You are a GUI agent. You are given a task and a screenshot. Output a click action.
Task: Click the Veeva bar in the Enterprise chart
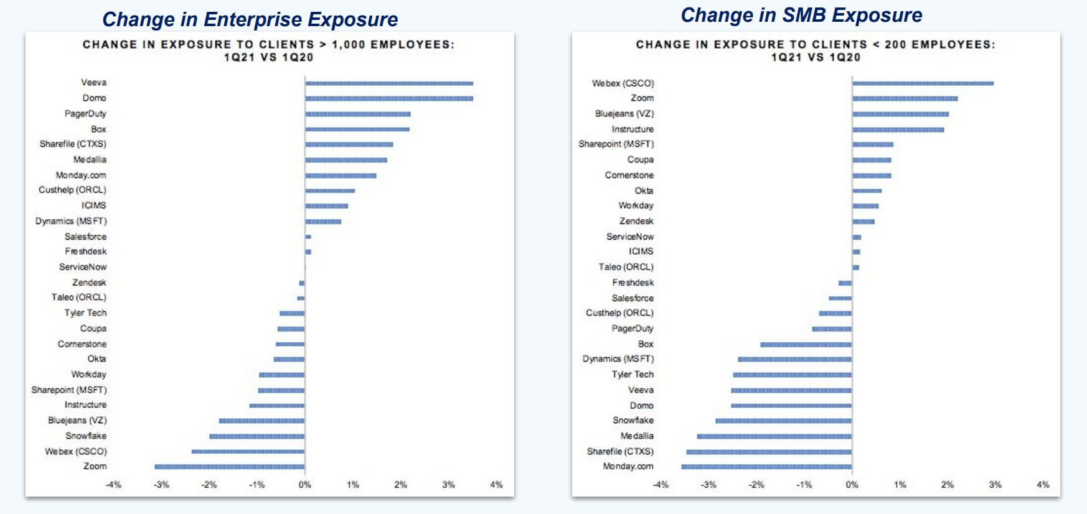pyautogui.click(x=389, y=83)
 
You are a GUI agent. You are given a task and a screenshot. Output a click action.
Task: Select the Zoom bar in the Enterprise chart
pyautogui.click(x=229, y=466)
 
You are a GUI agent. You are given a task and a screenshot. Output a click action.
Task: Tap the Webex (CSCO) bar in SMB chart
pyautogui.click(x=923, y=83)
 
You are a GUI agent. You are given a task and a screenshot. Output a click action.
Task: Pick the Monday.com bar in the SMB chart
pyautogui.click(x=766, y=466)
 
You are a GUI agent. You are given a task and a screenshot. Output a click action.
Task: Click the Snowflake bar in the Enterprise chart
pyautogui.click(x=256, y=436)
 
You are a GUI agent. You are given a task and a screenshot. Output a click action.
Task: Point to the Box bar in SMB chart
pyautogui.click(x=806, y=344)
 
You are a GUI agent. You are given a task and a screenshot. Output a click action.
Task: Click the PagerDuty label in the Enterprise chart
pyautogui.click(x=85, y=113)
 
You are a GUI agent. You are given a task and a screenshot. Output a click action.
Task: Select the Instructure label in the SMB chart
pyautogui.click(x=633, y=129)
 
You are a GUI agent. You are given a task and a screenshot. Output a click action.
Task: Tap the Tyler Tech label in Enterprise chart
pyautogui.click(x=85, y=313)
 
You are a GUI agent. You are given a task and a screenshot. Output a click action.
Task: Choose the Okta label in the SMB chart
pyautogui.click(x=644, y=190)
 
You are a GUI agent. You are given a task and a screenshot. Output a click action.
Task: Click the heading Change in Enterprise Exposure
pyautogui.click(x=250, y=19)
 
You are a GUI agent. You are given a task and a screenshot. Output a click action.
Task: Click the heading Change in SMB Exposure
pyautogui.click(x=801, y=15)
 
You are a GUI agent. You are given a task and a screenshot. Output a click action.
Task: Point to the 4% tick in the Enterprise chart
pyautogui.click(x=496, y=485)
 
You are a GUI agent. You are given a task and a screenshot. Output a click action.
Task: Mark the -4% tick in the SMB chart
pyautogui.click(x=661, y=485)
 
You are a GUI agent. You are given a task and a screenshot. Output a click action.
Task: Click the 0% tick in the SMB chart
pyautogui.click(x=852, y=485)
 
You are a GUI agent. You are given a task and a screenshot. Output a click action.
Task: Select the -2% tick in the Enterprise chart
pyautogui.click(x=209, y=485)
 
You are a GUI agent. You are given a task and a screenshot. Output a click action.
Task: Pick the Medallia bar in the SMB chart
pyautogui.click(x=774, y=436)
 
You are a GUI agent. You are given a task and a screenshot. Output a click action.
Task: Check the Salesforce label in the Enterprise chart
pyautogui.click(x=85, y=236)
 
